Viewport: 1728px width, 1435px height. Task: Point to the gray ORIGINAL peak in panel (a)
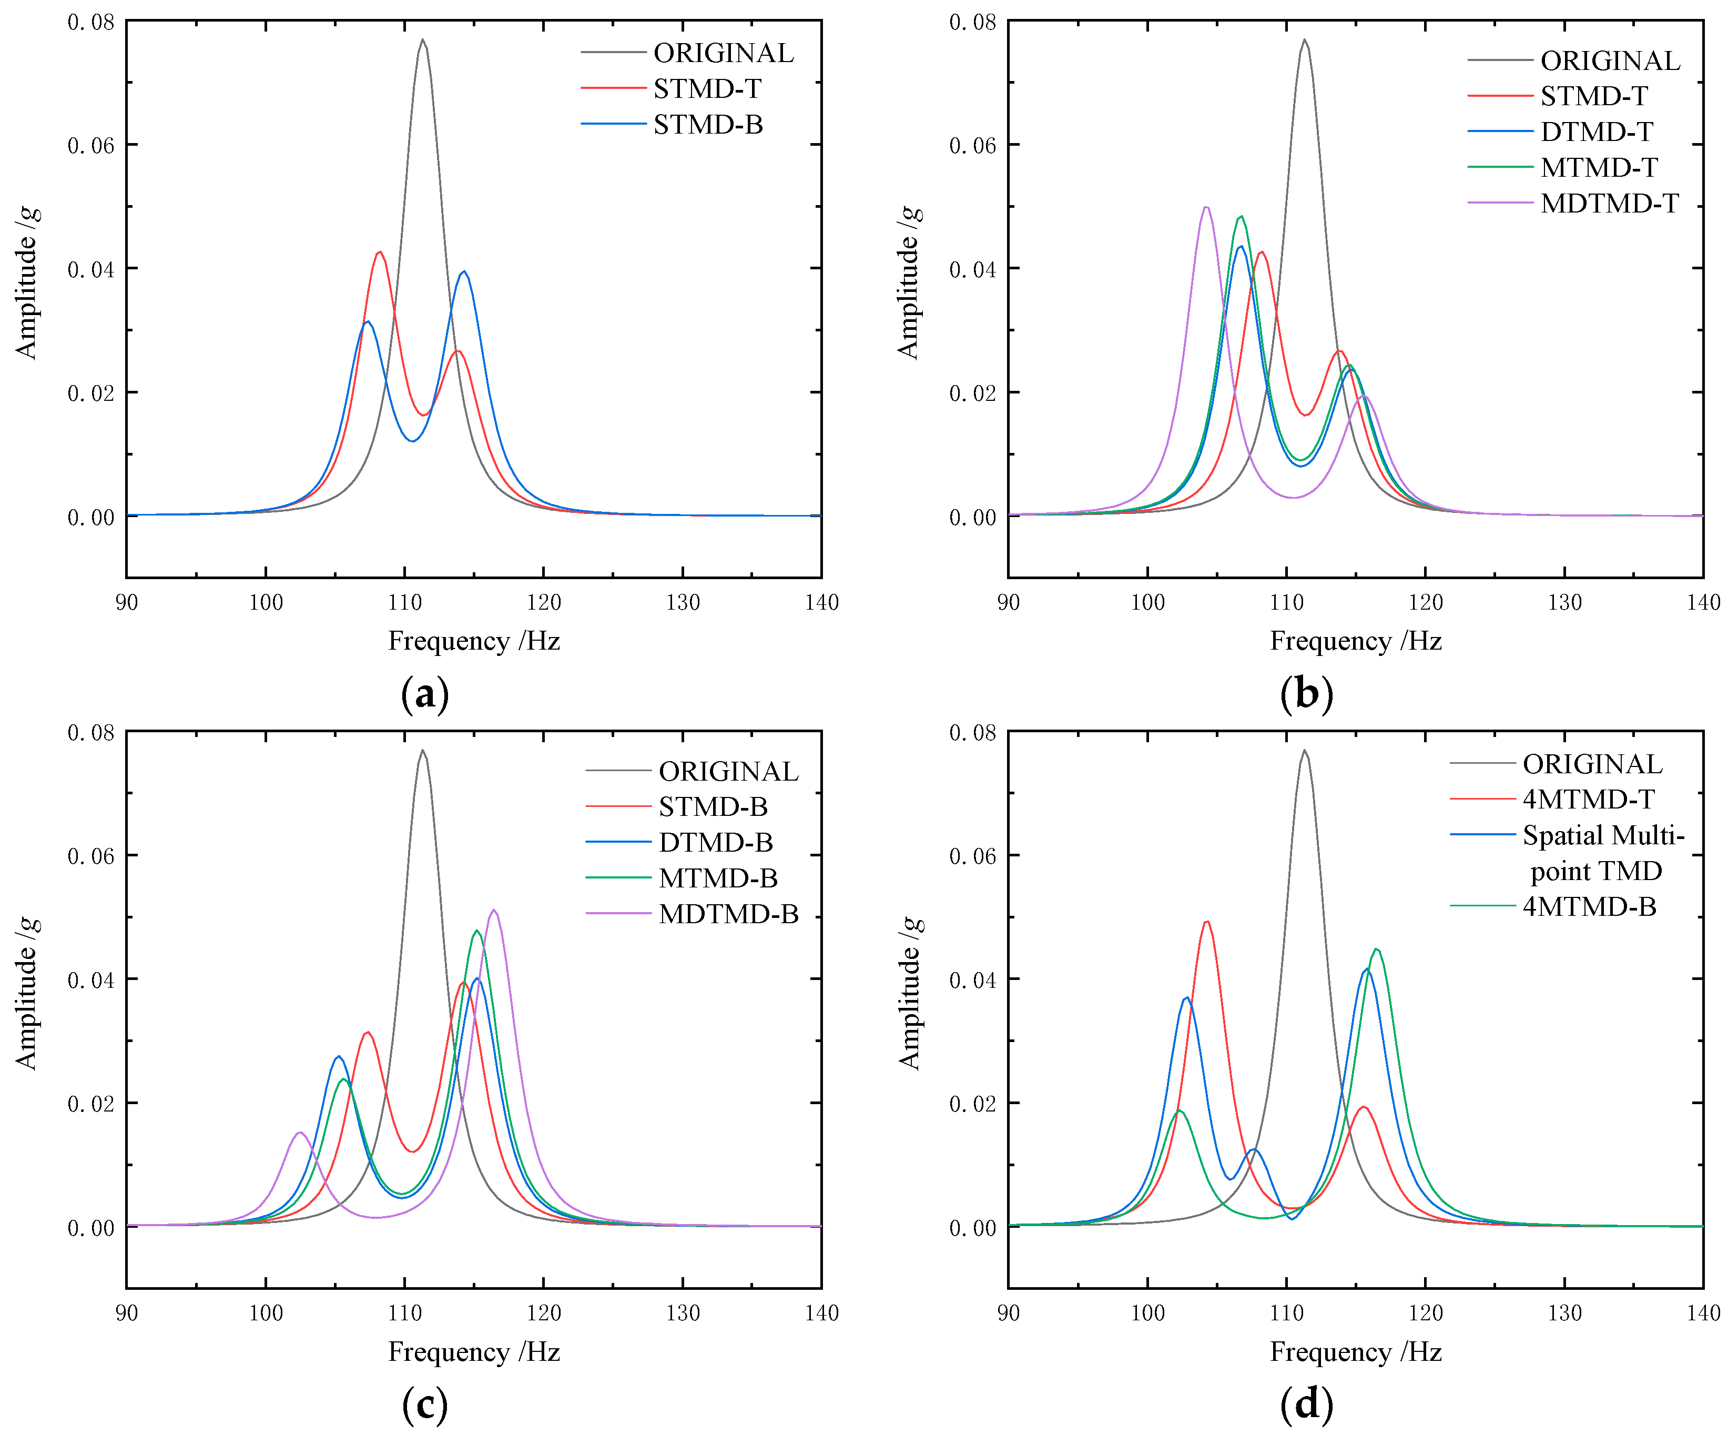coord(422,39)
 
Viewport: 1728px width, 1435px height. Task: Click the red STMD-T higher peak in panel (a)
coord(379,252)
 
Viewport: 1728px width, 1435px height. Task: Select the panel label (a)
coord(424,694)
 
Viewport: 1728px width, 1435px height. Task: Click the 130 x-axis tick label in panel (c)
coord(682,1312)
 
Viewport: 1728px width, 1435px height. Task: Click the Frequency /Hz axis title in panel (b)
coord(1355,641)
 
